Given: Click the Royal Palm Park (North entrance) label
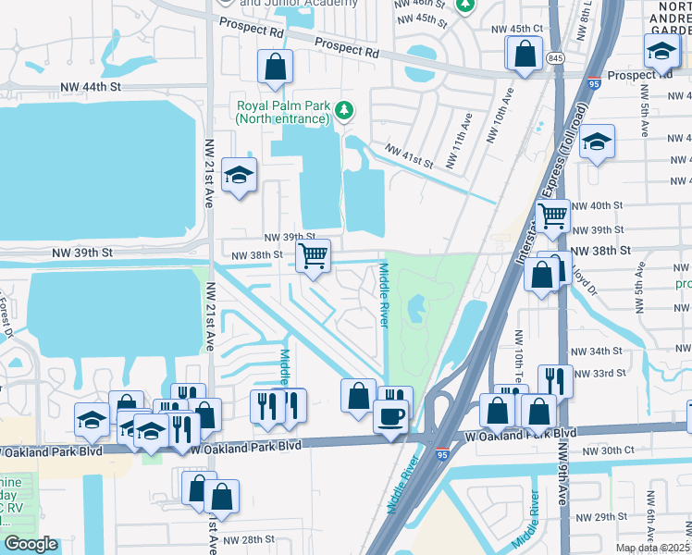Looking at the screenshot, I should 282,112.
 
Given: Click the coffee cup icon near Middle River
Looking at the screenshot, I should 390,415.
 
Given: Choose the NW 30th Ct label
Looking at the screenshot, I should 607,450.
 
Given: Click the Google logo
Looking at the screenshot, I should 31,544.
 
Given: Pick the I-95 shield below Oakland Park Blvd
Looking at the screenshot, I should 441,455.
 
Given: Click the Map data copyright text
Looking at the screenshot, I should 652,548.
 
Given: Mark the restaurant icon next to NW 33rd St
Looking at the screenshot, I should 555,379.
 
